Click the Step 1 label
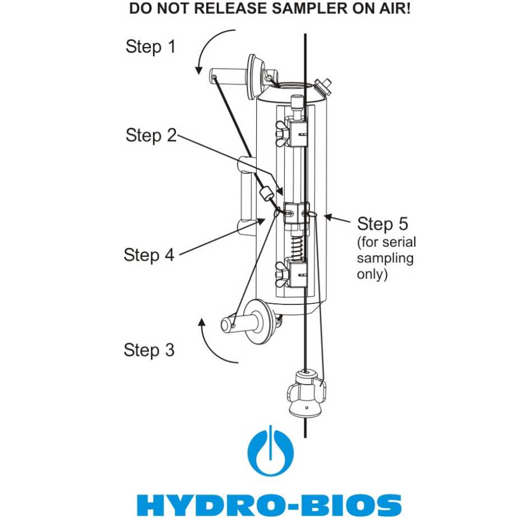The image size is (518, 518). [150, 47]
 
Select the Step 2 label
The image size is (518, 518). [150, 135]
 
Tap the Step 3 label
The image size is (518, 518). [149, 350]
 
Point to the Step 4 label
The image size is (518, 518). [149, 255]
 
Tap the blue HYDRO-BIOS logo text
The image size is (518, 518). [269, 504]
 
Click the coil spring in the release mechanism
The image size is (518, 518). [298, 247]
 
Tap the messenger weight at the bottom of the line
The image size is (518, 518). [306, 392]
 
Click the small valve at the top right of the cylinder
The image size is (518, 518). [323, 86]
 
